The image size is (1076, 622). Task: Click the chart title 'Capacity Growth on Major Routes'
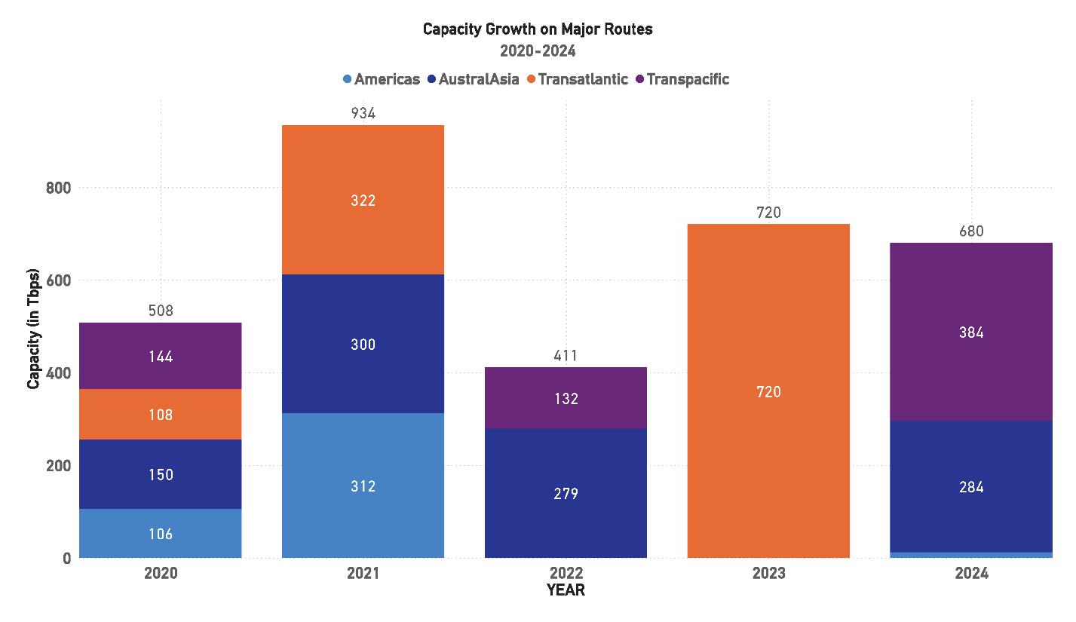538,29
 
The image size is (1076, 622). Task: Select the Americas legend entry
382,79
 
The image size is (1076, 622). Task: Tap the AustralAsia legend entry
473,79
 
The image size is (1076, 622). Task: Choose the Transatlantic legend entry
578,79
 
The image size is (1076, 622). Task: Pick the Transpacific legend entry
682,79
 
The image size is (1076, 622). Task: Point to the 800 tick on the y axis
59,188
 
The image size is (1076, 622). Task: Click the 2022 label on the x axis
566,573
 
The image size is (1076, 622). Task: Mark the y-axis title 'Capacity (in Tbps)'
33,329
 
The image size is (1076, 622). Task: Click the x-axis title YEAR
566,590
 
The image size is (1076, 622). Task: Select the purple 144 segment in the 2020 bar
161,356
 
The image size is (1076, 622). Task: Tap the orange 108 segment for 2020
161,414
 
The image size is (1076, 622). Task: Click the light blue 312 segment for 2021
363,485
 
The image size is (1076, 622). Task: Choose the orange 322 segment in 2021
363,200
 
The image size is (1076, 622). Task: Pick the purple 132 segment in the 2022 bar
566,397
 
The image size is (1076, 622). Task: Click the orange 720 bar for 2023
768,391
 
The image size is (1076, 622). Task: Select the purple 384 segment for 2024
971,332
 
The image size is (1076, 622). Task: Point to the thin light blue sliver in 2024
971,555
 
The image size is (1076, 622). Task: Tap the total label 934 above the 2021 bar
363,113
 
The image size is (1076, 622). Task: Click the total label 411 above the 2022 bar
566,356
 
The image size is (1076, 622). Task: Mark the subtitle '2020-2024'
538,51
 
